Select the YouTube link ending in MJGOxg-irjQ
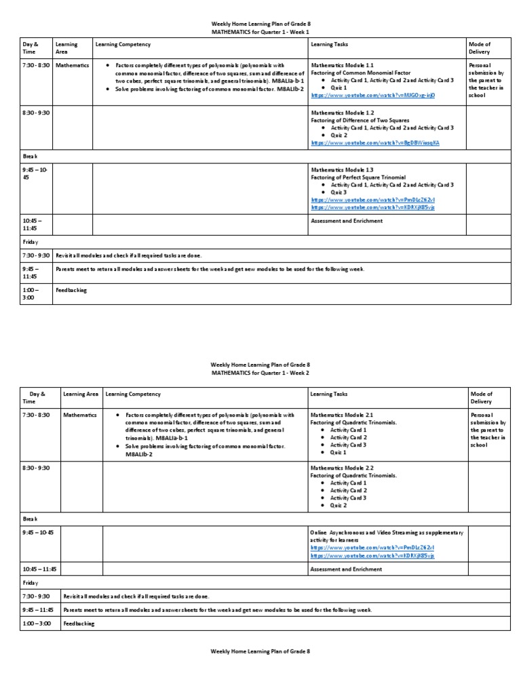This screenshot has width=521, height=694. point(372,96)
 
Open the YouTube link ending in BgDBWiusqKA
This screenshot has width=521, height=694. point(374,143)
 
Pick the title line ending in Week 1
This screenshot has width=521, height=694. point(260,31)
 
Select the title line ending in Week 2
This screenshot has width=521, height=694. point(260,372)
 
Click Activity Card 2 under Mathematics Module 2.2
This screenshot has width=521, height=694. point(348,490)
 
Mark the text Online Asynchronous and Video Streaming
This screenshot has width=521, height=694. point(363,532)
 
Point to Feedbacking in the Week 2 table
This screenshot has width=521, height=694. point(79,624)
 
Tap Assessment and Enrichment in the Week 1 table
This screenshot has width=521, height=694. point(346,221)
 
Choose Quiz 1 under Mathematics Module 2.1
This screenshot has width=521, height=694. point(339,452)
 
